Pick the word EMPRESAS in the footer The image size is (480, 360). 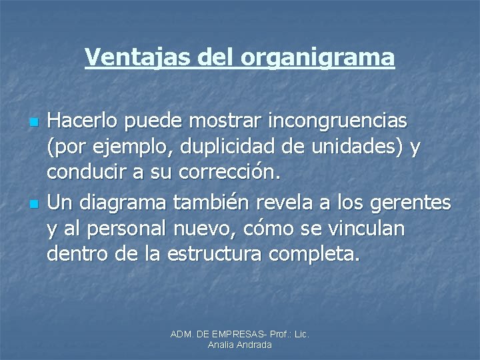[233, 333]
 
